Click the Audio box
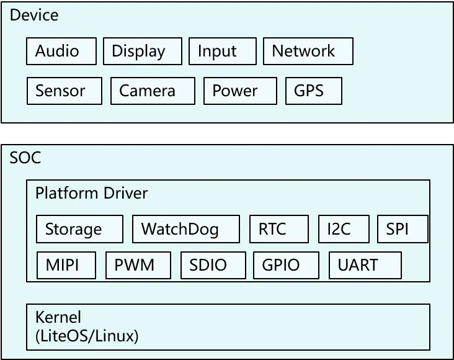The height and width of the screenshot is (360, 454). coord(61,51)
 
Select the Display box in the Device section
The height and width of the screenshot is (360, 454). coord(143,51)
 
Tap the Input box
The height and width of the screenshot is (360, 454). coord(223,51)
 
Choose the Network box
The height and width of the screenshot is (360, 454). coord(308,51)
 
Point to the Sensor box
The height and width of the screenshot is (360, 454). coord(65,91)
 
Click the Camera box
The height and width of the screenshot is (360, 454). coord(153,91)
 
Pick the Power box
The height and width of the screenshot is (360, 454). coord(240,91)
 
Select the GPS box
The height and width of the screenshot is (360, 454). coord(314,91)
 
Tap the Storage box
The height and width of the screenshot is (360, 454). coord(79,229)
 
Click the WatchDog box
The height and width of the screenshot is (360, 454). coord(186,229)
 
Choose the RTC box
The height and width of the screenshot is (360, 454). coord(279,229)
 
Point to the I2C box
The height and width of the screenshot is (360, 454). coord(344,229)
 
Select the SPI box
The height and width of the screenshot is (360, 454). coord(403,229)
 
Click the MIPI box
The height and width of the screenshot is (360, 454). coord(66,265)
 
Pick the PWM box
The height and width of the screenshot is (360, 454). coord(138,265)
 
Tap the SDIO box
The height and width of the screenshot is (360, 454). coord(213,265)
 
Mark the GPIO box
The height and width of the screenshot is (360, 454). coord(287,265)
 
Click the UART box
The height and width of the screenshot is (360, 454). coord(365,265)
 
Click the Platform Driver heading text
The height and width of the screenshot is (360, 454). coord(92,193)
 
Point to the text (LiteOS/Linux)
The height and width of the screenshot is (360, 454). coord(87,336)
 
